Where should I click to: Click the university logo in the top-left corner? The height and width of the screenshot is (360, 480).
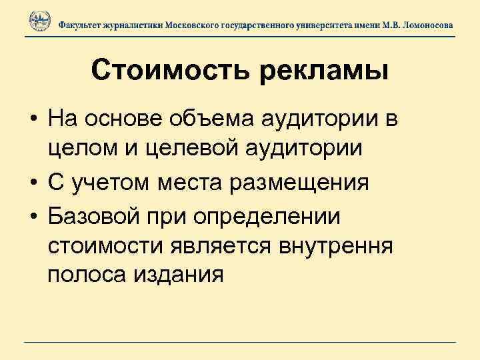pyautogui.click(x=39, y=22)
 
